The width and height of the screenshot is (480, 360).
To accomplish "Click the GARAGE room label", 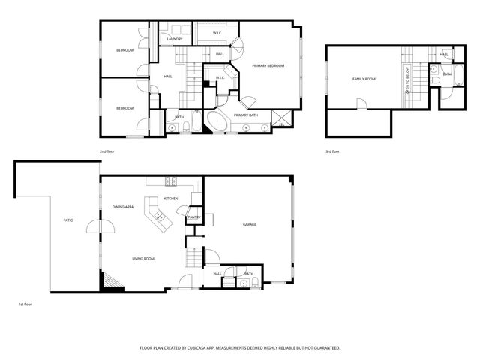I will (250, 225).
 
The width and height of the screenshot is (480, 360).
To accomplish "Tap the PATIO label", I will (68, 220).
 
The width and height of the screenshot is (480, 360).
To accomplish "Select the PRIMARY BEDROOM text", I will (268, 66).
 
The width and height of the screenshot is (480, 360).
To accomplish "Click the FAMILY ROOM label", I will (364, 79).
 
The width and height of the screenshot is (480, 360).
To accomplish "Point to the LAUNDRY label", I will (175, 39).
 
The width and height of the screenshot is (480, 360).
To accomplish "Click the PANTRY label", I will (193, 217).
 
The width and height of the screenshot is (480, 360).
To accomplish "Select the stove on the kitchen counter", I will (170, 181).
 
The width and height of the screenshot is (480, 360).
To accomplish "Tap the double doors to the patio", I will (100, 226).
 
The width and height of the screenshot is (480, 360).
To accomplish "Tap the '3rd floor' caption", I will (333, 151).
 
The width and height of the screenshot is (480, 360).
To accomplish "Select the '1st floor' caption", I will (25, 304).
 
